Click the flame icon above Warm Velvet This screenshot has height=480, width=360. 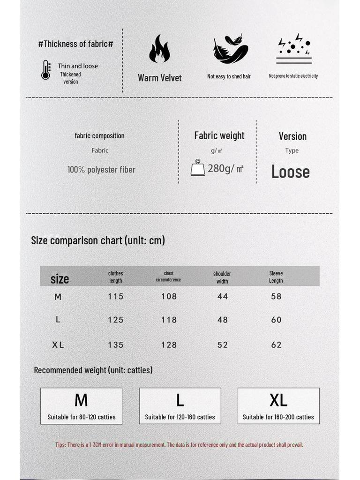click(x=159, y=49)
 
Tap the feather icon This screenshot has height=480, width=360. click(x=230, y=49)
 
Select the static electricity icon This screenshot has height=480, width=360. click(x=294, y=49)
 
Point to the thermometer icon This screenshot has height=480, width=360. click(x=45, y=70)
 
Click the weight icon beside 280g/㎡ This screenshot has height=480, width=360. click(x=198, y=168)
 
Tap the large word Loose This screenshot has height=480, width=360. click(x=290, y=172)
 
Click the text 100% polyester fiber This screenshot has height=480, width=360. click(x=101, y=170)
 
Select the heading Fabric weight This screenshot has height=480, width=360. click(x=219, y=135)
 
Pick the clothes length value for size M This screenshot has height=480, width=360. click(x=116, y=296)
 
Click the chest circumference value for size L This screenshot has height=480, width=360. click(x=169, y=320)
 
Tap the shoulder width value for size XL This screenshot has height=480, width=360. click(x=222, y=345)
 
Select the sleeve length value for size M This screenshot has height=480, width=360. click(x=276, y=296)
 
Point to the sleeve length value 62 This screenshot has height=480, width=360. click(x=276, y=345)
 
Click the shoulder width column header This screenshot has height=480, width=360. click(x=222, y=277)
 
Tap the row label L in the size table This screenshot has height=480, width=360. click(x=58, y=319)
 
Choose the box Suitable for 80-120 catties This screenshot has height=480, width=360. click(x=81, y=406)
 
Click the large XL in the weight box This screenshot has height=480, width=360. click(x=278, y=400)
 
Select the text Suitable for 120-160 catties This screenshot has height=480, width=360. click(x=180, y=417)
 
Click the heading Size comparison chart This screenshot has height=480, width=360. click(x=98, y=240)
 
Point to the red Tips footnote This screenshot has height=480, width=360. click(x=179, y=444)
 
